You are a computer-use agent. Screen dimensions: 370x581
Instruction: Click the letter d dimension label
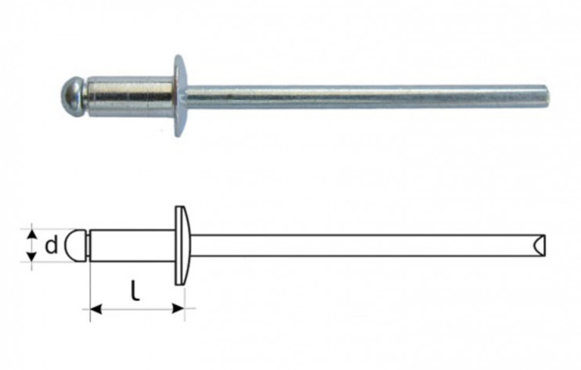(50, 246)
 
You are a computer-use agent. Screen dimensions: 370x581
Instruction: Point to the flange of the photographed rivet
(180, 96)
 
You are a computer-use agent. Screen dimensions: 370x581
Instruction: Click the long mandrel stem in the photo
(360, 97)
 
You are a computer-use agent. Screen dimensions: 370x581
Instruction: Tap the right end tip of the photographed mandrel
(545, 97)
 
